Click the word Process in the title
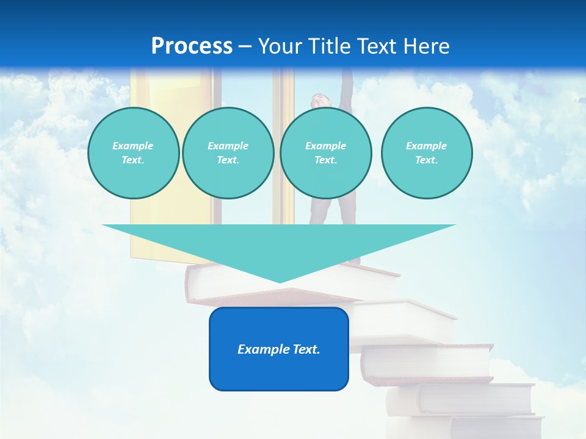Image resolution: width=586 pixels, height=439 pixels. (x=192, y=46)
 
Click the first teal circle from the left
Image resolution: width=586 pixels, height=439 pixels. (x=133, y=153)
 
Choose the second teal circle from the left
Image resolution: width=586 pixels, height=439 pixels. (x=228, y=153)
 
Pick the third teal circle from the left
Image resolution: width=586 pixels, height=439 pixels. (x=325, y=153)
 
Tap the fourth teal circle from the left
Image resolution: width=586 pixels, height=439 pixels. (x=427, y=153)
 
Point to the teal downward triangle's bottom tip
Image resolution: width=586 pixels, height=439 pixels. (x=280, y=281)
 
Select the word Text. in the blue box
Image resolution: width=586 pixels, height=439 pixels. (x=305, y=349)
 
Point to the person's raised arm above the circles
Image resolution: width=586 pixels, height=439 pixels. (x=347, y=85)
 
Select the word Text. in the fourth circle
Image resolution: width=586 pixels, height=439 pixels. (x=427, y=160)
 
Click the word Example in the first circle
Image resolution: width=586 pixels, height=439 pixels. (x=133, y=146)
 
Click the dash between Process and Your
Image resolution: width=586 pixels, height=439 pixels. (x=245, y=46)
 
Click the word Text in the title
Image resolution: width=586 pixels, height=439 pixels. (x=377, y=46)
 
